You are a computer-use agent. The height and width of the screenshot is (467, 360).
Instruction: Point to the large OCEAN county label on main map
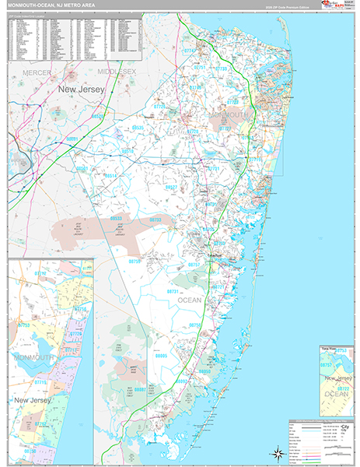(x=190, y=300)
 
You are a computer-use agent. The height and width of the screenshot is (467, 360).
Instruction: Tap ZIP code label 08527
(x=172, y=187)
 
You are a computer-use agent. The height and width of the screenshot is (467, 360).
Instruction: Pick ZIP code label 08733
(x=156, y=220)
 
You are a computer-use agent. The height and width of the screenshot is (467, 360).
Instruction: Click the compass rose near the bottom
(x=276, y=452)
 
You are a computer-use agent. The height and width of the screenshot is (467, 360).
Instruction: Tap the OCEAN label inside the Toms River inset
(x=337, y=394)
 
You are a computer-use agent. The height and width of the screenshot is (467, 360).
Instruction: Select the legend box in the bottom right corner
(x=320, y=441)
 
